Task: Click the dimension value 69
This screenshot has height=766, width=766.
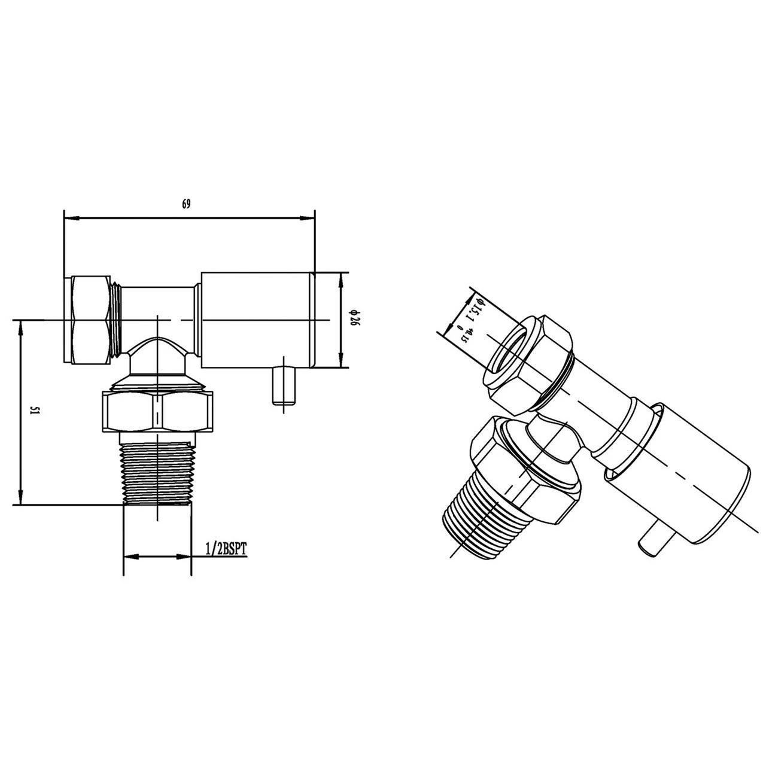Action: [186, 204]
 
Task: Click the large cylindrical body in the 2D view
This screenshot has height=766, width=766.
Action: [257, 320]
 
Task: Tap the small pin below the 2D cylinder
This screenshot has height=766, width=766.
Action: [284, 387]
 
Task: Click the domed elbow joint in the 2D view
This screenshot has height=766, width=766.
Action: [157, 356]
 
